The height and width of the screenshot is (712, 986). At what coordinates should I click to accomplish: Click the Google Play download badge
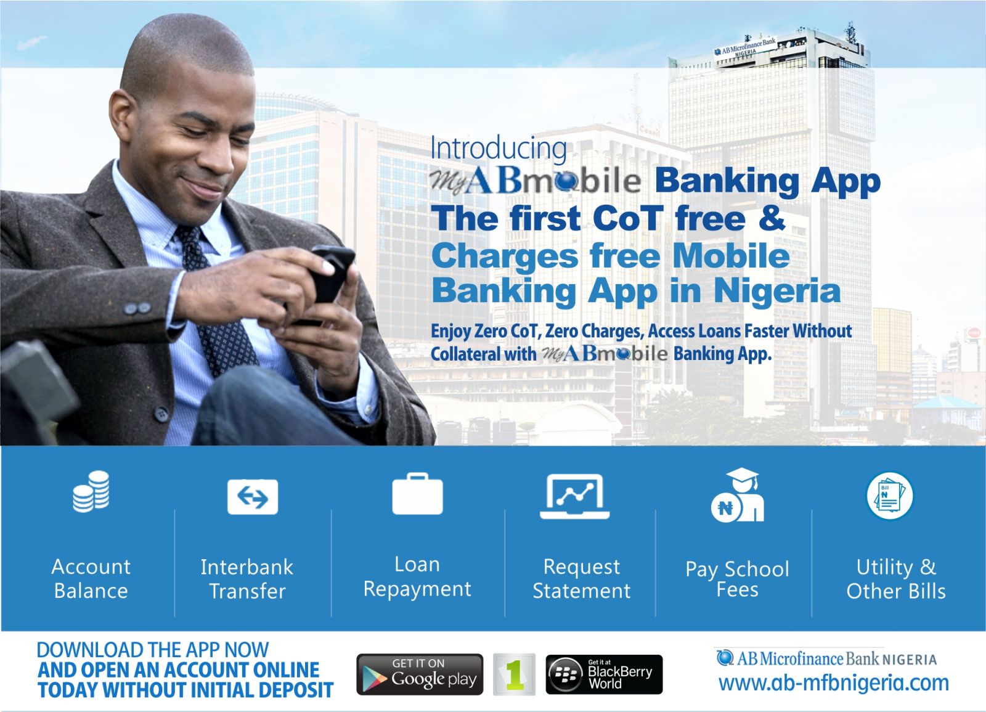point(420,674)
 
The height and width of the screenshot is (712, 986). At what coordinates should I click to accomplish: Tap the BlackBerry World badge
point(604,674)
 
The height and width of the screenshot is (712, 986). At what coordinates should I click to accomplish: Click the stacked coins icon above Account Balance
point(91,491)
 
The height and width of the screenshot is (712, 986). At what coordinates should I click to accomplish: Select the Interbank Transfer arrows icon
point(253,496)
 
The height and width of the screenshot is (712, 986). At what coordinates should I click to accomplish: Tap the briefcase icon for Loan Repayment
point(417,494)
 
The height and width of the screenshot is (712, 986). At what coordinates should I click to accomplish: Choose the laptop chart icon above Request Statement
point(575,496)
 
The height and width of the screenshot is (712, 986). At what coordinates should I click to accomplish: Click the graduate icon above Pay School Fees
point(738,496)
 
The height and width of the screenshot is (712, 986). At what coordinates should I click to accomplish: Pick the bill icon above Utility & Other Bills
point(889,496)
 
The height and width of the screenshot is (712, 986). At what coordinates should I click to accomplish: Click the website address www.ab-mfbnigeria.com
point(833,683)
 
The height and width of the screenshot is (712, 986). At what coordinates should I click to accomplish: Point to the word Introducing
point(498,149)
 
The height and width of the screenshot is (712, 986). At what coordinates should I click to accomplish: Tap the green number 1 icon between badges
point(514,674)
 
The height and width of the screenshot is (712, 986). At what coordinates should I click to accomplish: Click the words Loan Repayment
point(417,576)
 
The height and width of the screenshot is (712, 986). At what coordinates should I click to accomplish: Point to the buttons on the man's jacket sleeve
point(137,307)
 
